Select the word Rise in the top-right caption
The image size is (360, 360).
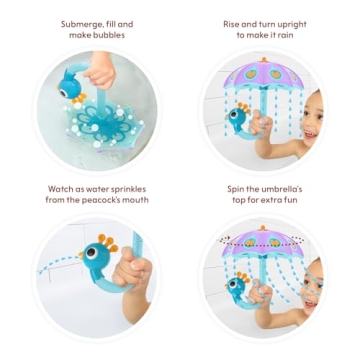click(233, 23)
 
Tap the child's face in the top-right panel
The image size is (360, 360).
click(311, 118)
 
